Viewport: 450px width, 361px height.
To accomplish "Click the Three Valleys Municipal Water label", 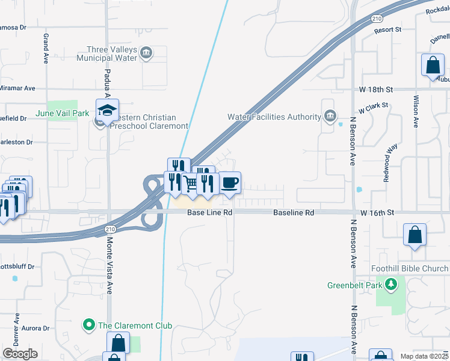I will (107, 54).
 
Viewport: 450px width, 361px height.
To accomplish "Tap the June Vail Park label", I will (70, 113).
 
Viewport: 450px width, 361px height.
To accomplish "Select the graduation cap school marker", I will (107, 111).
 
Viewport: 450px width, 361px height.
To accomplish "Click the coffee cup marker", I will (229, 182).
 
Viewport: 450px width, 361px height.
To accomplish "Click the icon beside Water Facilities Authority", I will (330, 116).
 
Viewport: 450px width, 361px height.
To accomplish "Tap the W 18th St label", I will (377, 89).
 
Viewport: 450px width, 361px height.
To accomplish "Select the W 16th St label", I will (377, 213).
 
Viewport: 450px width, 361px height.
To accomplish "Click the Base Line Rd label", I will (209, 213).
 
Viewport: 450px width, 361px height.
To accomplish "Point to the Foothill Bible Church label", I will (416, 269).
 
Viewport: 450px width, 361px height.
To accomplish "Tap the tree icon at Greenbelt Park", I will (391, 283).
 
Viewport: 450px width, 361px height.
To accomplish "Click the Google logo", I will (20, 354).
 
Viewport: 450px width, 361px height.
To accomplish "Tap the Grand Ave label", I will (46, 49).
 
